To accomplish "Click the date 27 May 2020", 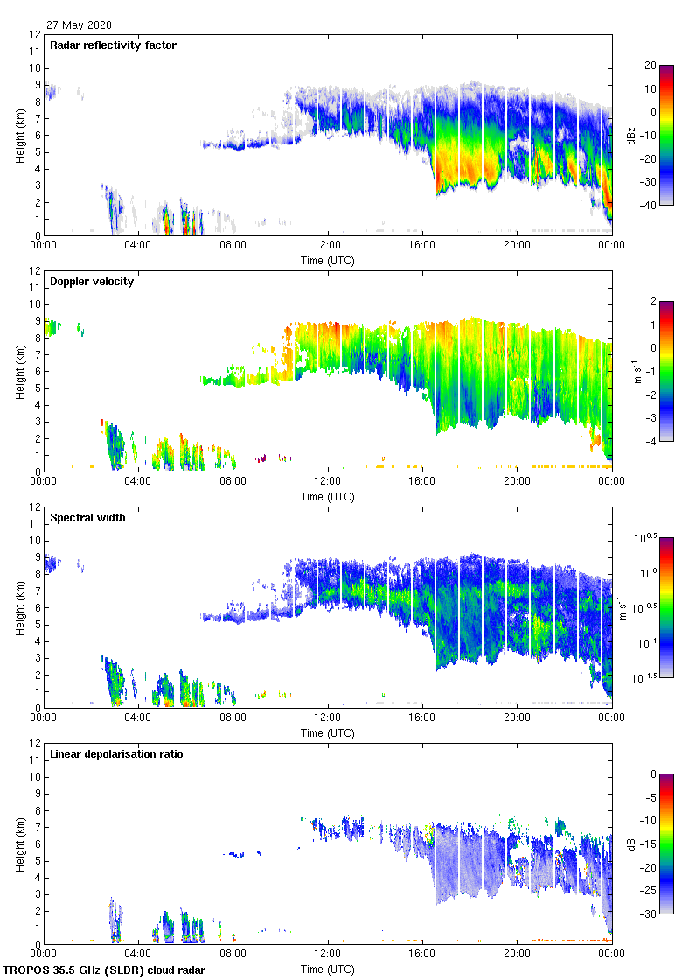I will coord(80,25).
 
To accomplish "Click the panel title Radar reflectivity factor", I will coord(114,45).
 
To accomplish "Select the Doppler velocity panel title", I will coord(92,282).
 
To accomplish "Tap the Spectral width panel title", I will coord(88,518).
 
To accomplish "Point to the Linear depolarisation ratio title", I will coord(116,754).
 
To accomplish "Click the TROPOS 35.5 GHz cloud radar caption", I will coord(105,970).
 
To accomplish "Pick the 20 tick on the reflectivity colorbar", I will coord(650,66).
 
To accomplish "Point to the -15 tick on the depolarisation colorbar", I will coord(650,844).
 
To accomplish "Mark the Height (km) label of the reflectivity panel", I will coord(20,135).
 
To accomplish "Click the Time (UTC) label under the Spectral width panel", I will coord(328,733).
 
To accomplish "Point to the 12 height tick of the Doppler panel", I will coord(35,271).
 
